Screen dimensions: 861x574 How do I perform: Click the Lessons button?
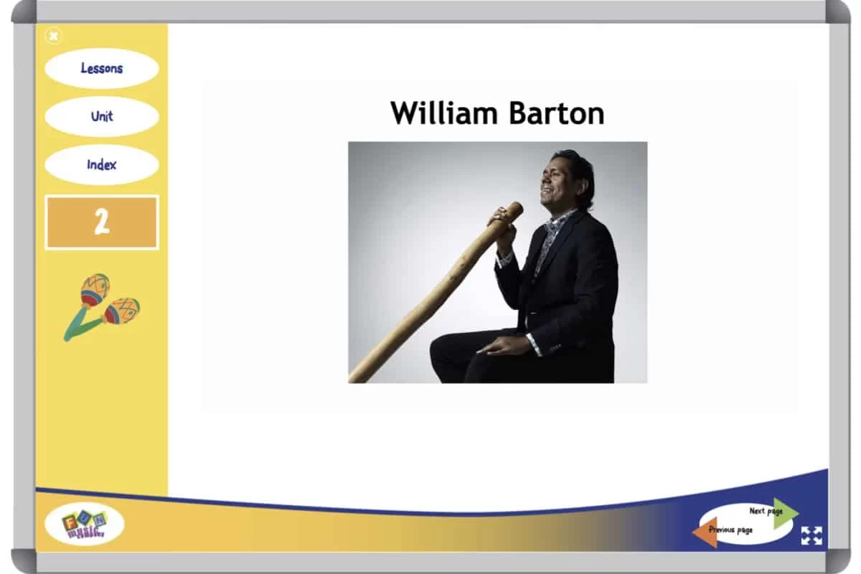pyautogui.click(x=102, y=68)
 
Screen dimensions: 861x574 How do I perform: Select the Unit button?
pyautogui.click(x=102, y=116)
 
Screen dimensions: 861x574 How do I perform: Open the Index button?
pyautogui.click(x=102, y=165)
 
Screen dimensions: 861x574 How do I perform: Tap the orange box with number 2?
pyautogui.click(x=102, y=222)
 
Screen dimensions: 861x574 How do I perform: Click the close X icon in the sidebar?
pyautogui.click(x=53, y=36)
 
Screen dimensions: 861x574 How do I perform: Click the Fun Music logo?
pyautogui.click(x=85, y=524)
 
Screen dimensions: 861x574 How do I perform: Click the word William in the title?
pyautogui.click(x=444, y=113)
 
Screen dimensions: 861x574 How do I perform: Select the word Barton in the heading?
pyautogui.click(x=557, y=113)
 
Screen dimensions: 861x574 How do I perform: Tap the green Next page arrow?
pyautogui.click(x=785, y=513)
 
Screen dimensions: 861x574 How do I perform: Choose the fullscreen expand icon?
pyautogui.click(x=811, y=535)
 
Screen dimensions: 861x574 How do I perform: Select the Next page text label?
pyautogui.click(x=766, y=511)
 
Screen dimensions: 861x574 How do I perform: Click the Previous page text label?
pyautogui.click(x=730, y=530)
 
